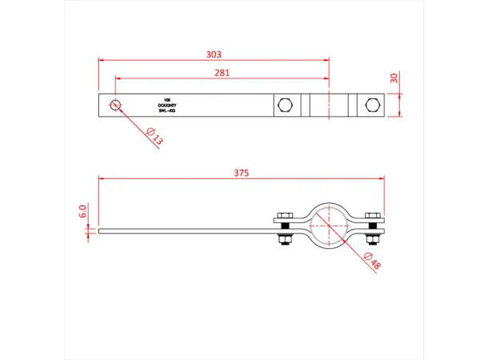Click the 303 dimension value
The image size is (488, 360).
click(x=213, y=54)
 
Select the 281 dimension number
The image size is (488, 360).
click(x=222, y=73)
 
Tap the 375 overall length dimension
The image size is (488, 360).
click(x=241, y=171)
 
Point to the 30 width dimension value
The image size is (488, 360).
click(x=394, y=78)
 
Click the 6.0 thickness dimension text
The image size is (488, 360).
click(x=82, y=212)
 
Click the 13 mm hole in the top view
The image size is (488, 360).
click(x=115, y=105)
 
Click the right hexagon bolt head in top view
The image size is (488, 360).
click(x=370, y=105)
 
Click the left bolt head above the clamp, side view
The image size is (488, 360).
click(x=286, y=216)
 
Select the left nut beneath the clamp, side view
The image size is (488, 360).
click(x=286, y=242)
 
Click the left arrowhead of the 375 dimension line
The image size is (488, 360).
click(x=101, y=178)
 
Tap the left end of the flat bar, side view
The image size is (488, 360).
click(x=100, y=231)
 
